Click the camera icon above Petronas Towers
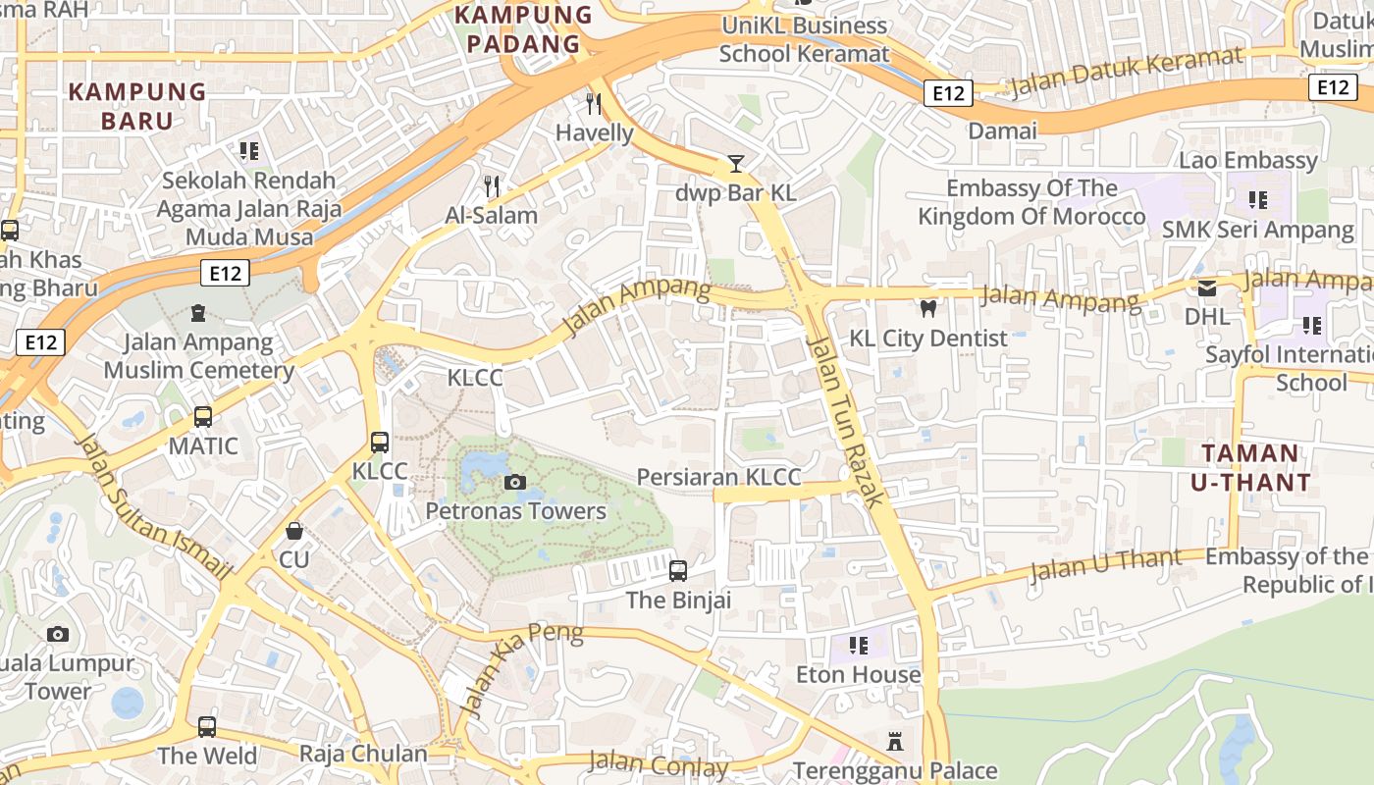point(514,482)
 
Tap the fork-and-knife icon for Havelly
point(593,103)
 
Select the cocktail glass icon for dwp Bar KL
point(736,164)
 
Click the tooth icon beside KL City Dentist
point(927,309)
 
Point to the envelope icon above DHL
point(1206,288)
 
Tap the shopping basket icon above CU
point(293,531)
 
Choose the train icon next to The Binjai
point(677,570)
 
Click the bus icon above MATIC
point(203,417)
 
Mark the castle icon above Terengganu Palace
point(894,742)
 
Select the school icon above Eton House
point(859,645)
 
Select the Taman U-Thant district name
point(1250,468)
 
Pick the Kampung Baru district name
point(137,106)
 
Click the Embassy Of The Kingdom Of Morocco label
point(1031,202)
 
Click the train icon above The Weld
point(207,727)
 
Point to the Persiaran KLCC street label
point(718,478)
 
